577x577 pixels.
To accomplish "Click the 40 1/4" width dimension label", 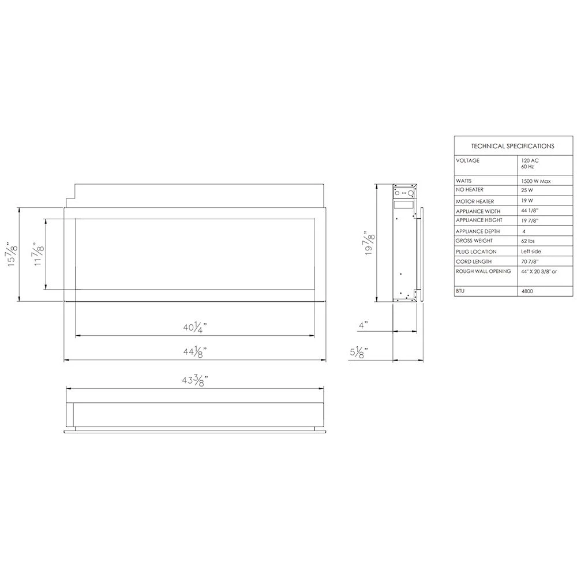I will pos(195,328).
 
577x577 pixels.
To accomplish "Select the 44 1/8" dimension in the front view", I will pos(195,351).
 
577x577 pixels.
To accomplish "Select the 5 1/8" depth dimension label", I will pos(359,353).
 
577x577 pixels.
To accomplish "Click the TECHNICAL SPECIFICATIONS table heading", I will pos(512,146).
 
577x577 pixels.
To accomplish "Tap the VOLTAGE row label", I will pos(467,160).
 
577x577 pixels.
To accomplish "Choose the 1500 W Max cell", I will pos(535,181).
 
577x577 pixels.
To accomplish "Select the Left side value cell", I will pos(531,251).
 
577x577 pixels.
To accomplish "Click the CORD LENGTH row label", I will pos(474,261).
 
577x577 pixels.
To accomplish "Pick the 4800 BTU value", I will pos(527,291).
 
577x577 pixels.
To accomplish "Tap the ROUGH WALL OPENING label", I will pos(483,271).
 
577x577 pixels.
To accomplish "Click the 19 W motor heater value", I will pos(526,201).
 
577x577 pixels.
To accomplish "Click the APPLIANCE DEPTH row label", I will pos(478,231).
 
